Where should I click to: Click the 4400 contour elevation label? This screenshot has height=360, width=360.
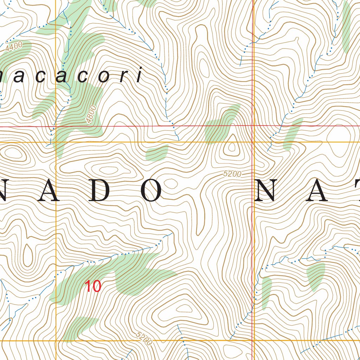point(14,46)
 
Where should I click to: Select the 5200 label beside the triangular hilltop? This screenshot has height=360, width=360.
point(232,174)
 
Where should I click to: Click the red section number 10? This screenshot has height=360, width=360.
point(93,286)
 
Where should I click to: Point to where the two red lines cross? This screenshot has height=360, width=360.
point(253,126)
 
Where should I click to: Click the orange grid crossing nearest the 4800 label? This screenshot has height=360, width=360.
point(56,142)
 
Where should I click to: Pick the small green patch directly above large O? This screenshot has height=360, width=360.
point(157,153)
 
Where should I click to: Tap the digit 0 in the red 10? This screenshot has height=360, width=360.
point(97,286)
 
